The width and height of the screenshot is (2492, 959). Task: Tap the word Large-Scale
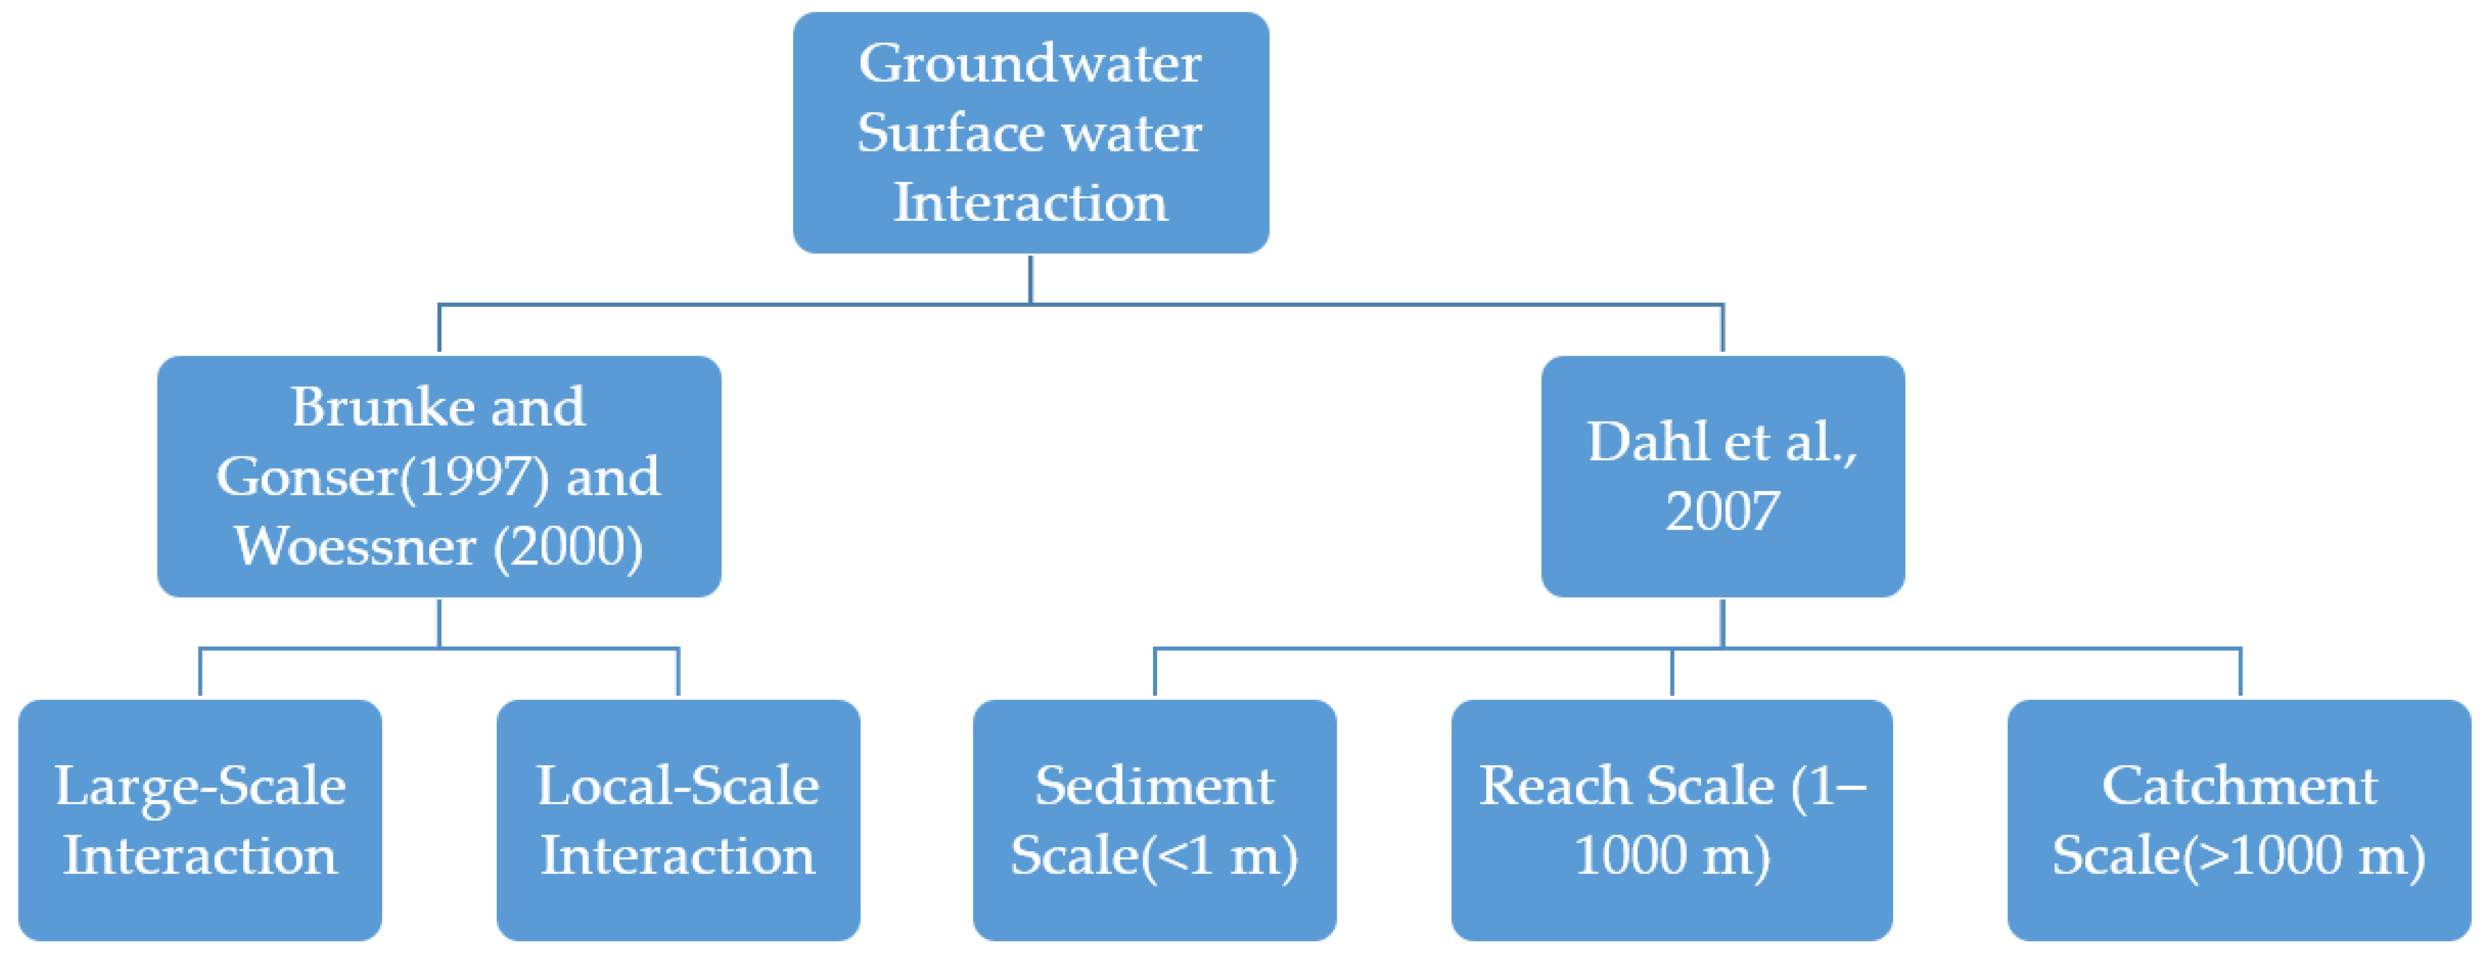click(200, 786)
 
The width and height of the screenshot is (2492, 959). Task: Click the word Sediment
click(1154, 786)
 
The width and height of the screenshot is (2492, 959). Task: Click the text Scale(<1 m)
click(1154, 855)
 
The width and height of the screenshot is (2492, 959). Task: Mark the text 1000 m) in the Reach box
click(1672, 855)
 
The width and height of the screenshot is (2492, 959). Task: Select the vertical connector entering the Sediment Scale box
click(1154, 673)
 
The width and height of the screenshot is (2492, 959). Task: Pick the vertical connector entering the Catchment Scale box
click(2240, 673)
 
